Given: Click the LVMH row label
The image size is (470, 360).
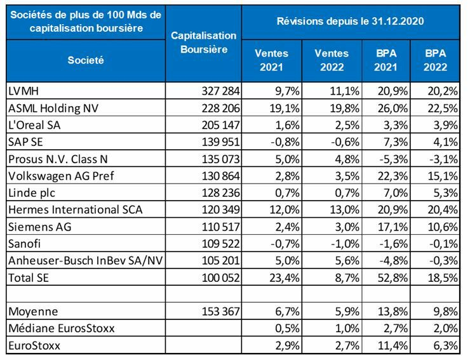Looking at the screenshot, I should click(23, 92).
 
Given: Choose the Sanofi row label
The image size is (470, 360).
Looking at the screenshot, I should click(25, 244).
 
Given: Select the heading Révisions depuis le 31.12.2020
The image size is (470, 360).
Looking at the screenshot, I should click(351, 21).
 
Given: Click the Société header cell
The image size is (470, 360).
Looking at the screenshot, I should click(87, 60).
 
